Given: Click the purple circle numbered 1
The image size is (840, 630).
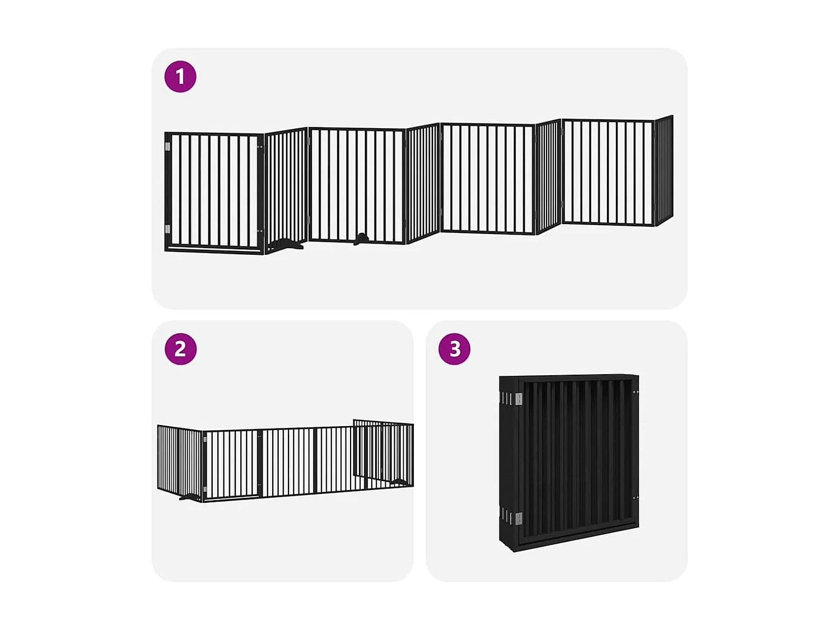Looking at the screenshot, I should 180,77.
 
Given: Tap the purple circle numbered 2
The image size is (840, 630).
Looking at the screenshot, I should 180,349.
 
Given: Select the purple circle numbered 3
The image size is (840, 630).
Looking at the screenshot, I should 454,349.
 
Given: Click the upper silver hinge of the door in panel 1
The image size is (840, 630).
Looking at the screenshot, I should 168,147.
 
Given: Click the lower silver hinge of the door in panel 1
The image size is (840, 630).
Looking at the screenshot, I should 168,229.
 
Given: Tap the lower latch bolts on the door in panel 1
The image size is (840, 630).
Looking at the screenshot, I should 259,231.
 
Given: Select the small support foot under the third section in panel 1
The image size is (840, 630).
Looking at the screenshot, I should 361,239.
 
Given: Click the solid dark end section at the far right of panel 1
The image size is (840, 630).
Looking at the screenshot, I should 664,170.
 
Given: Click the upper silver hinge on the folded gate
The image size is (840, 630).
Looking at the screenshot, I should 519,399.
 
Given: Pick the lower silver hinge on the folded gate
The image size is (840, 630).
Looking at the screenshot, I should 519,518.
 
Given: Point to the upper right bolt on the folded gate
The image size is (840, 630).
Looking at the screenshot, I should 635,393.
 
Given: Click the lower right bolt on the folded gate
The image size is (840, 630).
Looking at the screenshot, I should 635,497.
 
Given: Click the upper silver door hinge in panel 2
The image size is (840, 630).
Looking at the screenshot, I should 205,440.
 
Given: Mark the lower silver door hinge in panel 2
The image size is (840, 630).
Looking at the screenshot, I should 205,489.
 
